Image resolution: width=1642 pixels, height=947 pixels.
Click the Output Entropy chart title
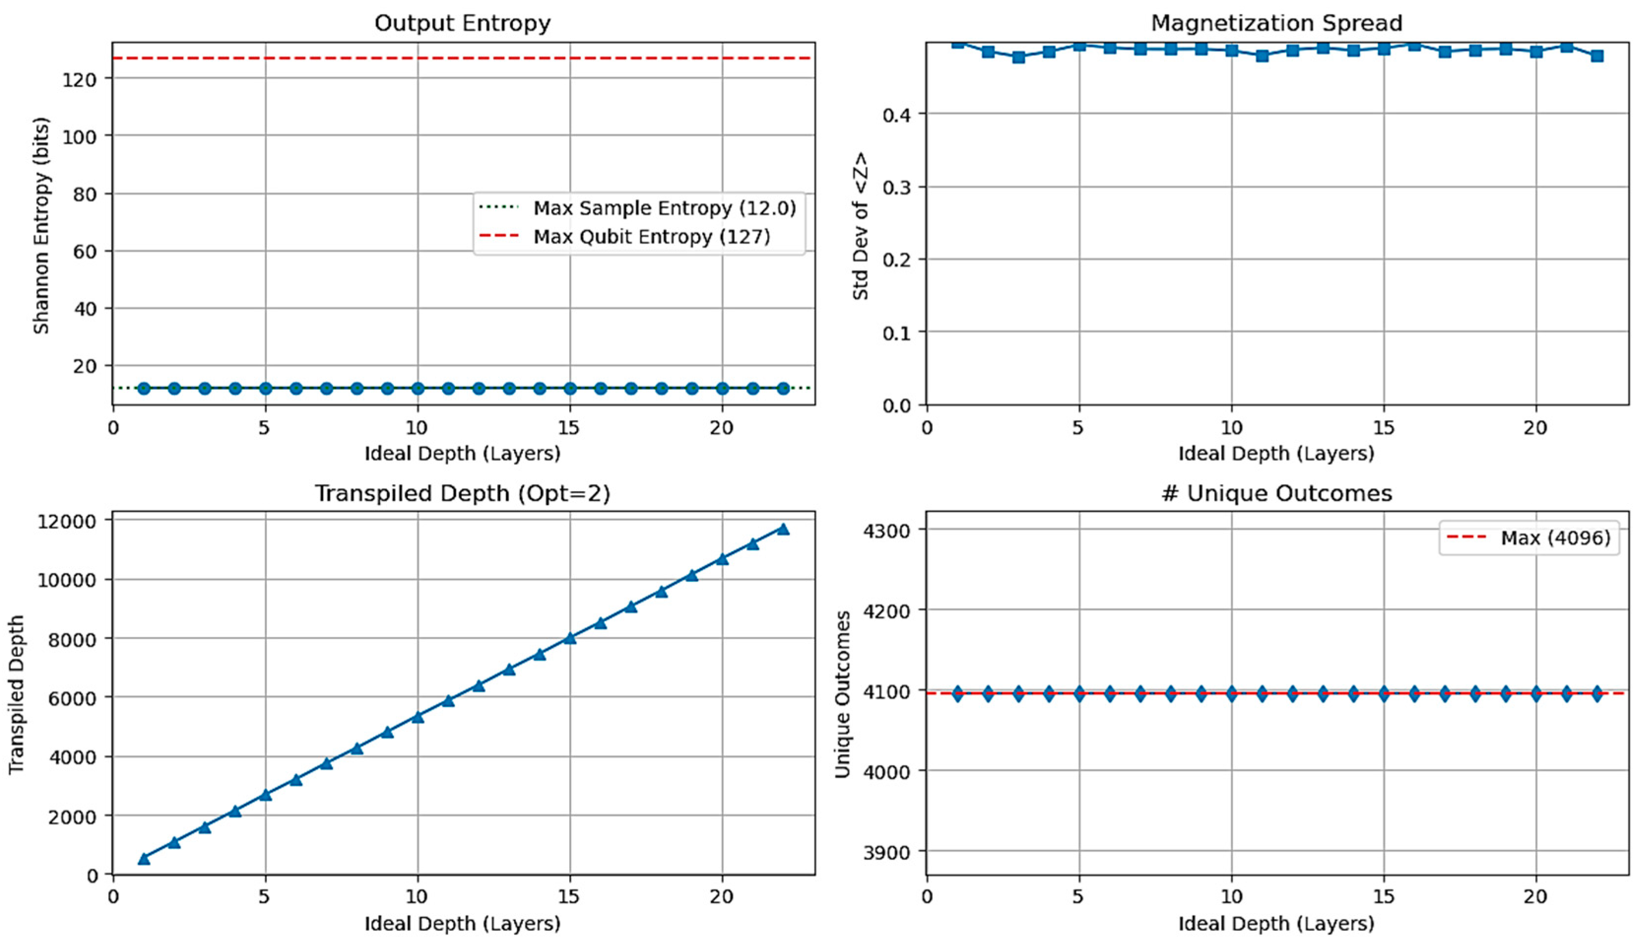(x=462, y=24)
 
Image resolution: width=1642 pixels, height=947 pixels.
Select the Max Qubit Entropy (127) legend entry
(x=651, y=237)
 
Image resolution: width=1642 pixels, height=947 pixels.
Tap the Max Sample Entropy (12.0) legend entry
(x=664, y=208)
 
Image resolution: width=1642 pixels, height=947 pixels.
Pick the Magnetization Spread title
(x=1276, y=24)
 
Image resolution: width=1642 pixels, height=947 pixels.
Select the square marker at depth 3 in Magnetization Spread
(x=1019, y=57)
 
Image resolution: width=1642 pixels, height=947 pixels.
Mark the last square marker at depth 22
(x=1597, y=56)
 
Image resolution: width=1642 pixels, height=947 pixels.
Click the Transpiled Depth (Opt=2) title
(x=462, y=494)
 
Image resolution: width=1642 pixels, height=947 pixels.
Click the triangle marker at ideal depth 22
(x=783, y=529)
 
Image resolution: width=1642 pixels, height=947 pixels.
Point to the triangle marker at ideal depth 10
(x=418, y=717)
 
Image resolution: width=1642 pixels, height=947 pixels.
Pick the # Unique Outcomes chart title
(x=1276, y=494)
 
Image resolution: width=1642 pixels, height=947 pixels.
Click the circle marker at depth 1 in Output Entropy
(x=144, y=388)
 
